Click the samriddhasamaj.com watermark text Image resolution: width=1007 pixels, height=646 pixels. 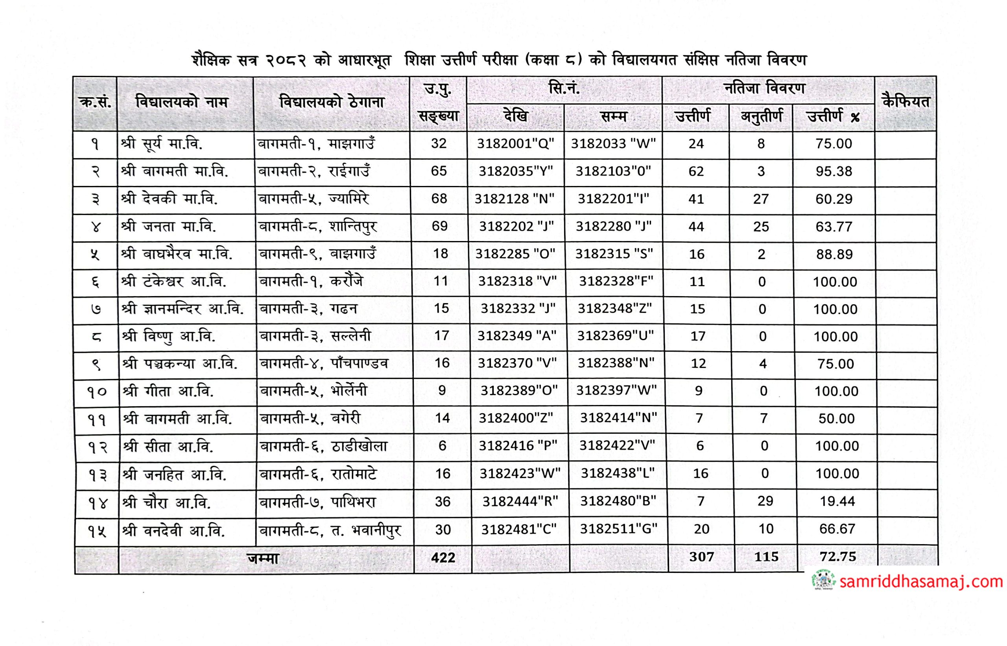pos(921,582)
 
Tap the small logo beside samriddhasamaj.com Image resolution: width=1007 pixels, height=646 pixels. pos(824,581)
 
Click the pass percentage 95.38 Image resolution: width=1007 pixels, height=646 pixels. pos(834,171)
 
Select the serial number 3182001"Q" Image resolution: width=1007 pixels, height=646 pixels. pos(515,144)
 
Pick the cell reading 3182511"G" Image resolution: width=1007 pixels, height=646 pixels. pos(618,528)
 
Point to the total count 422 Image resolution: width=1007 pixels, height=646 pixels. pos(443,558)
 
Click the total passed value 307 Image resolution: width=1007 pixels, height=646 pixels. pos(701,557)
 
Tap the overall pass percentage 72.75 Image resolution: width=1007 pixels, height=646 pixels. pos(838,556)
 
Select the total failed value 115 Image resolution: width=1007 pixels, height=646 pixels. pos(766,557)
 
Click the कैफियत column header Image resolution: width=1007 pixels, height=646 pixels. pos(906,102)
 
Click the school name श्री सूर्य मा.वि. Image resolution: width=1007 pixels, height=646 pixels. pos(162,144)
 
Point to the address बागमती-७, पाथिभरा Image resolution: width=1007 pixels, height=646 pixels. pos(317,502)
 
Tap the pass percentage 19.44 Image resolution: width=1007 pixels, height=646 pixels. pos(837,501)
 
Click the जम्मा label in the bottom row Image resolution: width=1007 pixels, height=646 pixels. pos(263,558)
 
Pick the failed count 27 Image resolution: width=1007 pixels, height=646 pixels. pos(761,199)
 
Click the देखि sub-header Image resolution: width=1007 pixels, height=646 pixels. pos(515,116)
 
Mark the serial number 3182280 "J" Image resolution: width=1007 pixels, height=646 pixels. pos(613,226)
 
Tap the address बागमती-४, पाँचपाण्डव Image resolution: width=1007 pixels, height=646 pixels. pos(324,363)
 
